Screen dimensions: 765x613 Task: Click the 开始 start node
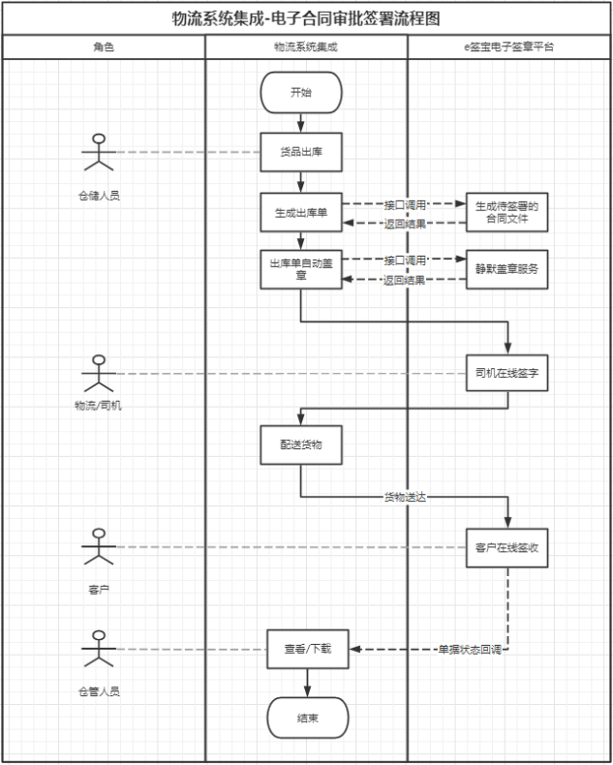pyautogui.click(x=301, y=93)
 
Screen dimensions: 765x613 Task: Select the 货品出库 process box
pyautogui.click(x=301, y=152)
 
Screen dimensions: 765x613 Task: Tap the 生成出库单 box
pyautogui.click(x=301, y=213)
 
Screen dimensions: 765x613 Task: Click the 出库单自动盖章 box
pyautogui.click(x=301, y=269)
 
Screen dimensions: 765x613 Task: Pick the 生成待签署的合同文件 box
pyautogui.click(x=506, y=213)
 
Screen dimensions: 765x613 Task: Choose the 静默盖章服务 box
pyautogui.click(x=506, y=269)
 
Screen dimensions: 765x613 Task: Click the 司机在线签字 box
pyautogui.click(x=506, y=373)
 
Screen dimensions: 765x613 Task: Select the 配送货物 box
pyautogui.click(x=301, y=444)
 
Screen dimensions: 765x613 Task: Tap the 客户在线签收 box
pyautogui.click(x=506, y=547)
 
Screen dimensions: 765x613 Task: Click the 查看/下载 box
pyautogui.click(x=307, y=648)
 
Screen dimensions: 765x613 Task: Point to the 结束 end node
pyautogui.click(x=307, y=718)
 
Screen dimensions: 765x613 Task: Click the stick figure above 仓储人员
pyautogui.click(x=96, y=156)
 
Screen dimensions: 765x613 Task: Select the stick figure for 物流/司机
pyautogui.click(x=96, y=374)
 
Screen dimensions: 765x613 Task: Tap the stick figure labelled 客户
pyautogui.click(x=97, y=548)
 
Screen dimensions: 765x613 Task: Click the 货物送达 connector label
pyautogui.click(x=405, y=497)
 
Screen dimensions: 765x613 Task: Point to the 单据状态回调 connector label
pyautogui.click(x=469, y=649)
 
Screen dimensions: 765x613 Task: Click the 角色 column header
pyautogui.click(x=104, y=46)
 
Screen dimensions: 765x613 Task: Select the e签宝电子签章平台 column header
pyautogui.click(x=509, y=46)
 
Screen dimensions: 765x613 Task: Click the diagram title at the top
pyautogui.click(x=306, y=17)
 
